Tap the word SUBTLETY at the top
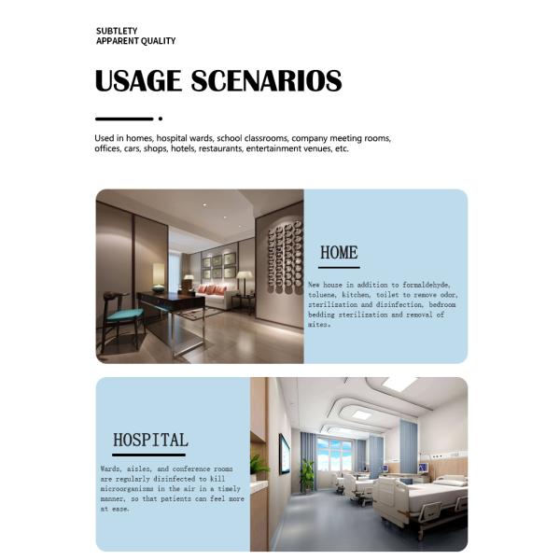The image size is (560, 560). click(x=117, y=31)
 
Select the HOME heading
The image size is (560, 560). click(x=339, y=252)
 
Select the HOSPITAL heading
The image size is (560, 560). click(x=149, y=440)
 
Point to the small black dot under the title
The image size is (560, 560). click(x=161, y=119)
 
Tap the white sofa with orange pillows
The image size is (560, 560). click(x=214, y=296)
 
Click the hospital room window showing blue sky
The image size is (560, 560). click(x=335, y=455)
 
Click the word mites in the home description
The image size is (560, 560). click(x=318, y=326)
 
